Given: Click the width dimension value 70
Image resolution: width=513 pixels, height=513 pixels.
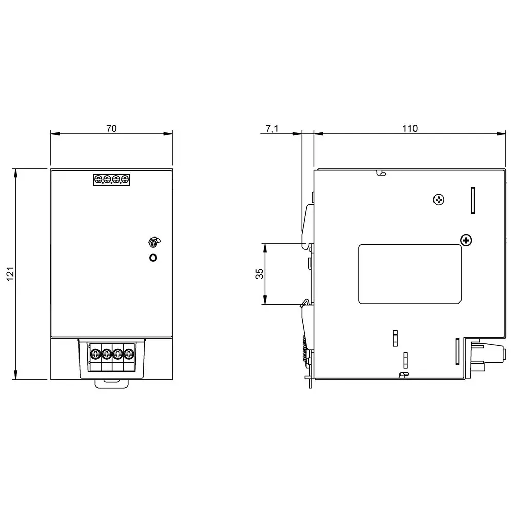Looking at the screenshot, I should (111, 129).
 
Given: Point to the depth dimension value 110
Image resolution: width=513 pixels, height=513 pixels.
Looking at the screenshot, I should (410, 129).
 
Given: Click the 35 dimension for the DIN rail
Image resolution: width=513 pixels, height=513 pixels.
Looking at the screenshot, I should (259, 274).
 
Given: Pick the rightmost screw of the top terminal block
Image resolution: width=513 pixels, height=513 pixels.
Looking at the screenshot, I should (125, 180).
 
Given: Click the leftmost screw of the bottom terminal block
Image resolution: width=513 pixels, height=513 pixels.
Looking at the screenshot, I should (95, 353).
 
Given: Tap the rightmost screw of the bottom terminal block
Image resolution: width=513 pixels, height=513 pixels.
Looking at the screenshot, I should (129, 353).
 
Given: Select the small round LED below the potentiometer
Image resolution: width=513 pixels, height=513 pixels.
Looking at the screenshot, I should (152, 258).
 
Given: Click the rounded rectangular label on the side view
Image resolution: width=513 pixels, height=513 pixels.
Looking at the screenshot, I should (409, 274).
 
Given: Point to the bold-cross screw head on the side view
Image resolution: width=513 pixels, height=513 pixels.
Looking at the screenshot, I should (466, 240).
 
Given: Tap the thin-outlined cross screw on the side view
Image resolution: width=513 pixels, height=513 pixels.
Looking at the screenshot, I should (438, 200).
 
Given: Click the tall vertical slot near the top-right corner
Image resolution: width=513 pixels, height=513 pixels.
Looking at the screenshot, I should (472, 200).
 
